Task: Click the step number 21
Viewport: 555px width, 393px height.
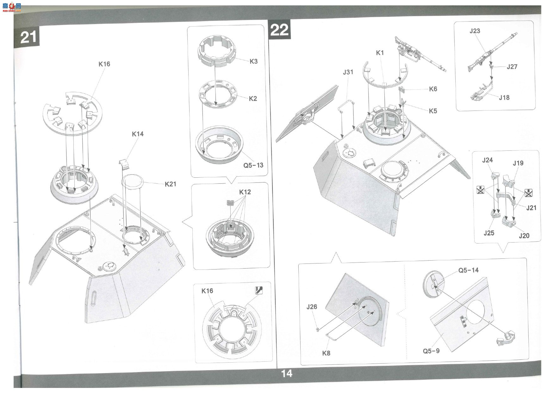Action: coord(28,37)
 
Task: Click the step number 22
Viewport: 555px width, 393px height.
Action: coord(279,30)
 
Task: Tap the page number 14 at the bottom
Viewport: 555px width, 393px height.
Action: coord(287,374)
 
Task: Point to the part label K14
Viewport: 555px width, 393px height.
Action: coord(138,134)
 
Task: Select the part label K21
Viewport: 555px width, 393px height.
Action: coord(170,184)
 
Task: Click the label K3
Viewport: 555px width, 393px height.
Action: coord(253,61)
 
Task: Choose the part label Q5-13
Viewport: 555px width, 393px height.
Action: coord(253,165)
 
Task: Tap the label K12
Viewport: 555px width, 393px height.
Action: coord(245,192)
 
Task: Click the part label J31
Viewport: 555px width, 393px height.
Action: coord(348,72)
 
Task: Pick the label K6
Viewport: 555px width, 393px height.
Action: coord(433,89)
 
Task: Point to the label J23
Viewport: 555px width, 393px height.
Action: coord(475,31)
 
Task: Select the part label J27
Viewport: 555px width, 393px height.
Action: coord(512,67)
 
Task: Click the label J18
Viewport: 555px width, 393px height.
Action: coord(504,98)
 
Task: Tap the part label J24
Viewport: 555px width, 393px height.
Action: coord(487,160)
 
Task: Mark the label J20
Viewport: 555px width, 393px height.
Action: coord(524,236)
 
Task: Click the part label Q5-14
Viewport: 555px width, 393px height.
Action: coord(468,270)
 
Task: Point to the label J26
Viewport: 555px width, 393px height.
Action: coord(312,307)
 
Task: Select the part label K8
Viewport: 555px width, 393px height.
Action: coord(326,353)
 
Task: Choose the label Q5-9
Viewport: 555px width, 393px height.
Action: coord(431,351)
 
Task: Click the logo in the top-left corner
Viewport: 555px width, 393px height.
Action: coord(12,7)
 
